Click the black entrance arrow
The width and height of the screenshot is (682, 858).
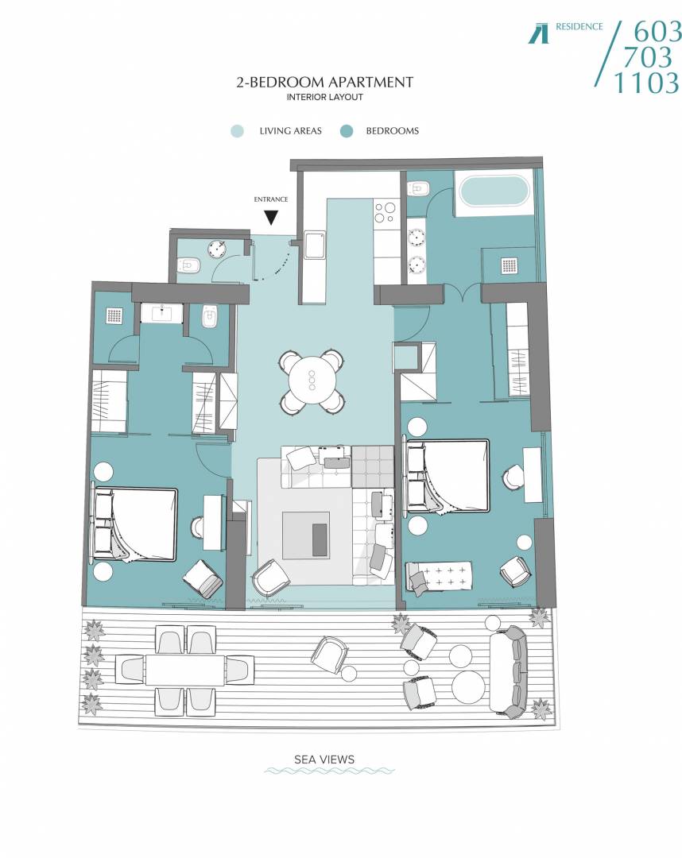pyautogui.click(x=271, y=218)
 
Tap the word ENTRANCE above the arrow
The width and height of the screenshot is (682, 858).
pyautogui.click(x=271, y=199)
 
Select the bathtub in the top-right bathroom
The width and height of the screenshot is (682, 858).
pyautogui.click(x=494, y=191)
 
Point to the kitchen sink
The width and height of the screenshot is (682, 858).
pyautogui.click(x=315, y=245)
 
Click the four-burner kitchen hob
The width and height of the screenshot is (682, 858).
pyautogui.click(x=384, y=212)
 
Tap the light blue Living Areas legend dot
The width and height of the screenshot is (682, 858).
pyautogui.click(x=237, y=131)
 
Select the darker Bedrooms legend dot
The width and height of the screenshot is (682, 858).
pyautogui.click(x=347, y=131)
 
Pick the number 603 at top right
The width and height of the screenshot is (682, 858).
pyautogui.click(x=657, y=33)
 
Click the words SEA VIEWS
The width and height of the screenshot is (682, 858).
pyautogui.click(x=324, y=759)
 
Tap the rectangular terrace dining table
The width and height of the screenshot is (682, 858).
pyautogui.click(x=185, y=671)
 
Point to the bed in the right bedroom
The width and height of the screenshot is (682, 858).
pyautogui.click(x=448, y=476)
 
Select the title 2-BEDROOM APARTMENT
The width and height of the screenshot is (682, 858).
pyautogui.click(x=325, y=82)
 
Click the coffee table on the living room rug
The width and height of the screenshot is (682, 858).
pyautogui.click(x=306, y=535)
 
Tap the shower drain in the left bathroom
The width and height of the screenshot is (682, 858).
pyautogui.click(x=114, y=315)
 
